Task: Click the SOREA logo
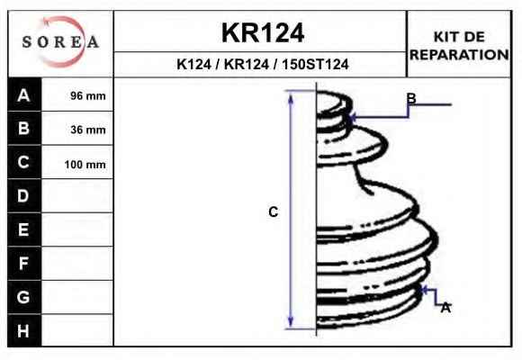click(60, 42)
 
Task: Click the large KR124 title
click(263, 33)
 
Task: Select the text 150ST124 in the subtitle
click(315, 64)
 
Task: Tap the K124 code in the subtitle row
click(193, 64)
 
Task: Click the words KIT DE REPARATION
click(459, 46)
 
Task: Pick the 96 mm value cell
click(77, 95)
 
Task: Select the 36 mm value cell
click(77, 130)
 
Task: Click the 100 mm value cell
click(77, 164)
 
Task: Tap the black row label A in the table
click(24, 94)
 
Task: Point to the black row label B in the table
click(24, 128)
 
